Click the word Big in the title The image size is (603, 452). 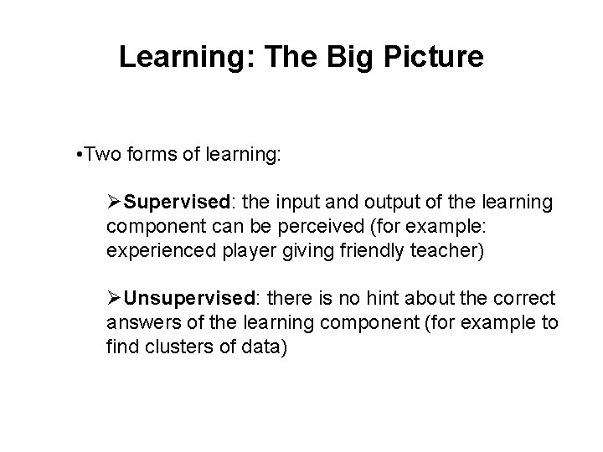pos(343,57)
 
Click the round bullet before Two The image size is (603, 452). pos(77,157)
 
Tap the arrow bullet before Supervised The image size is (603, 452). pos(115,203)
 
